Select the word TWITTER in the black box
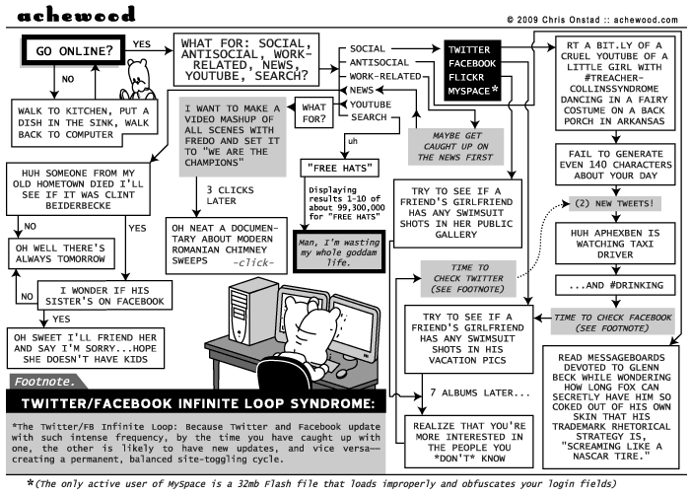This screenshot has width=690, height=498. tap(469, 50)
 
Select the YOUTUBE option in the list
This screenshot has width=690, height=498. tap(370, 104)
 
